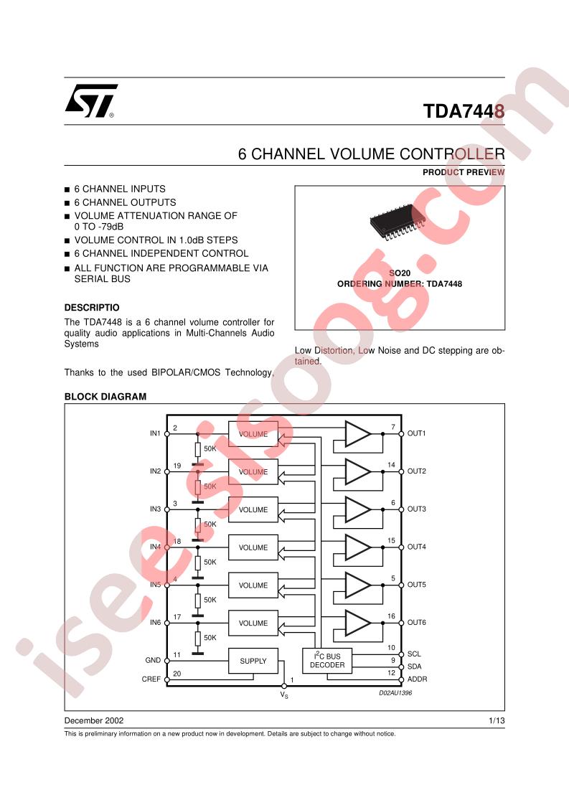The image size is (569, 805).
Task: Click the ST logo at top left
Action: (x=91, y=102)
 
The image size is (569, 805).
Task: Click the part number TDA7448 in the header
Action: (x=464, y=112)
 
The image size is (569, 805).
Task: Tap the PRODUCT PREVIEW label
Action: (x=464, y=172)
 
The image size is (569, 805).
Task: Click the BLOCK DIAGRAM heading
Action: (x=105, y=397)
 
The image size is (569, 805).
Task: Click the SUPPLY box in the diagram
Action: (x=253, y=661)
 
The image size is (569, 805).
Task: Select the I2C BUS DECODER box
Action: (x=327, y=661)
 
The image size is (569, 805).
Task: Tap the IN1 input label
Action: (x=155, y=434)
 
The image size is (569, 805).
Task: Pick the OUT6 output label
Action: (x=417, y=623)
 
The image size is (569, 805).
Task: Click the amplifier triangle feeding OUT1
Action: (x=357, y=434)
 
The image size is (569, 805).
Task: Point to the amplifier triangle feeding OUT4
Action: (x=357, y=547)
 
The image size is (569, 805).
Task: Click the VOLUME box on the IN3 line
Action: (x=253, y=510)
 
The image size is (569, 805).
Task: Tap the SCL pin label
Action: (x=415, y=654)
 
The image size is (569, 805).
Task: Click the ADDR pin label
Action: (x=417, y=679)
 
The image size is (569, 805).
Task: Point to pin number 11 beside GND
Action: (x=177, y=654)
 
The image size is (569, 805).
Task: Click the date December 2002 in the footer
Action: (x=94, y=720)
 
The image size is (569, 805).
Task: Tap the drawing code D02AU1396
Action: (x=396, y=694)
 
